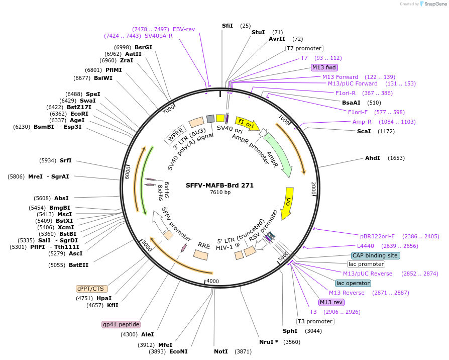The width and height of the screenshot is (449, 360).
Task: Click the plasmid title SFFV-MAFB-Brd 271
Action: [219, 185]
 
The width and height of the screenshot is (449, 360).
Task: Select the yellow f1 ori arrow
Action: [246, 123]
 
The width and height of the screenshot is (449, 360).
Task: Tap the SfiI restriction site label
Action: [228, 26]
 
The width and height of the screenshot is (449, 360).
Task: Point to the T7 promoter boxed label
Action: [304, 48]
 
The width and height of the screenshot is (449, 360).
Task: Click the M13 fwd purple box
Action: [324, 67]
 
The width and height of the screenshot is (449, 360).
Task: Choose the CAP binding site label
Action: [375, 255]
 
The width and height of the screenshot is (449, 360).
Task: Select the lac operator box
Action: [353, 284]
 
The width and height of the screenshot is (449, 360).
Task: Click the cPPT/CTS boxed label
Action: [90, 289]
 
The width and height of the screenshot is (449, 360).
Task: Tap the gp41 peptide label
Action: [121, 324]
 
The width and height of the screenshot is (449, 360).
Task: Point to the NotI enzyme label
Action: [221, 351]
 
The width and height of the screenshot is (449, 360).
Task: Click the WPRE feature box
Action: [175, 135]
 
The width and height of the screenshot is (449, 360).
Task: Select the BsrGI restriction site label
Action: [143, 47]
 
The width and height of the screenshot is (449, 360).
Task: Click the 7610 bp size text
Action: [220, 193]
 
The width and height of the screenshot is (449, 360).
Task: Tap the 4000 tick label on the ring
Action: [213, 281]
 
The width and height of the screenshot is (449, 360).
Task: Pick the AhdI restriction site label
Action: [372, 158]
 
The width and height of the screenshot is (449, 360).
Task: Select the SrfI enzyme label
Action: [66, 161]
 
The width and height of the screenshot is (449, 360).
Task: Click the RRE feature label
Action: [204, 245]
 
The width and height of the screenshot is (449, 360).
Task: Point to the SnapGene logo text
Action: [435, 4]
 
